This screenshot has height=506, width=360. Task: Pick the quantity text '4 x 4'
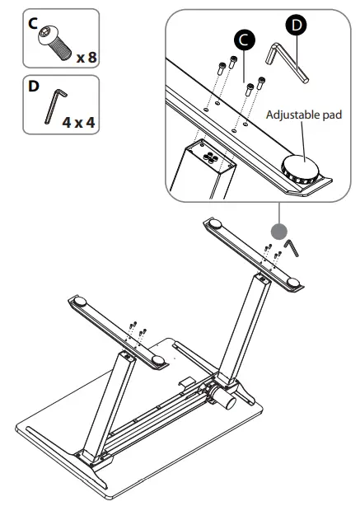78,122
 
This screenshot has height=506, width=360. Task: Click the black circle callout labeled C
243,39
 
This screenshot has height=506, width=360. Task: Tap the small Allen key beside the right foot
292,247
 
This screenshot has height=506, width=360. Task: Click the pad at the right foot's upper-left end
213,223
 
